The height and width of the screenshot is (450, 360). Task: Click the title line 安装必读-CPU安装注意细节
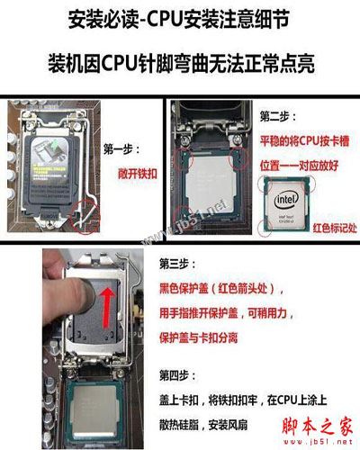(x=181, y=19)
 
